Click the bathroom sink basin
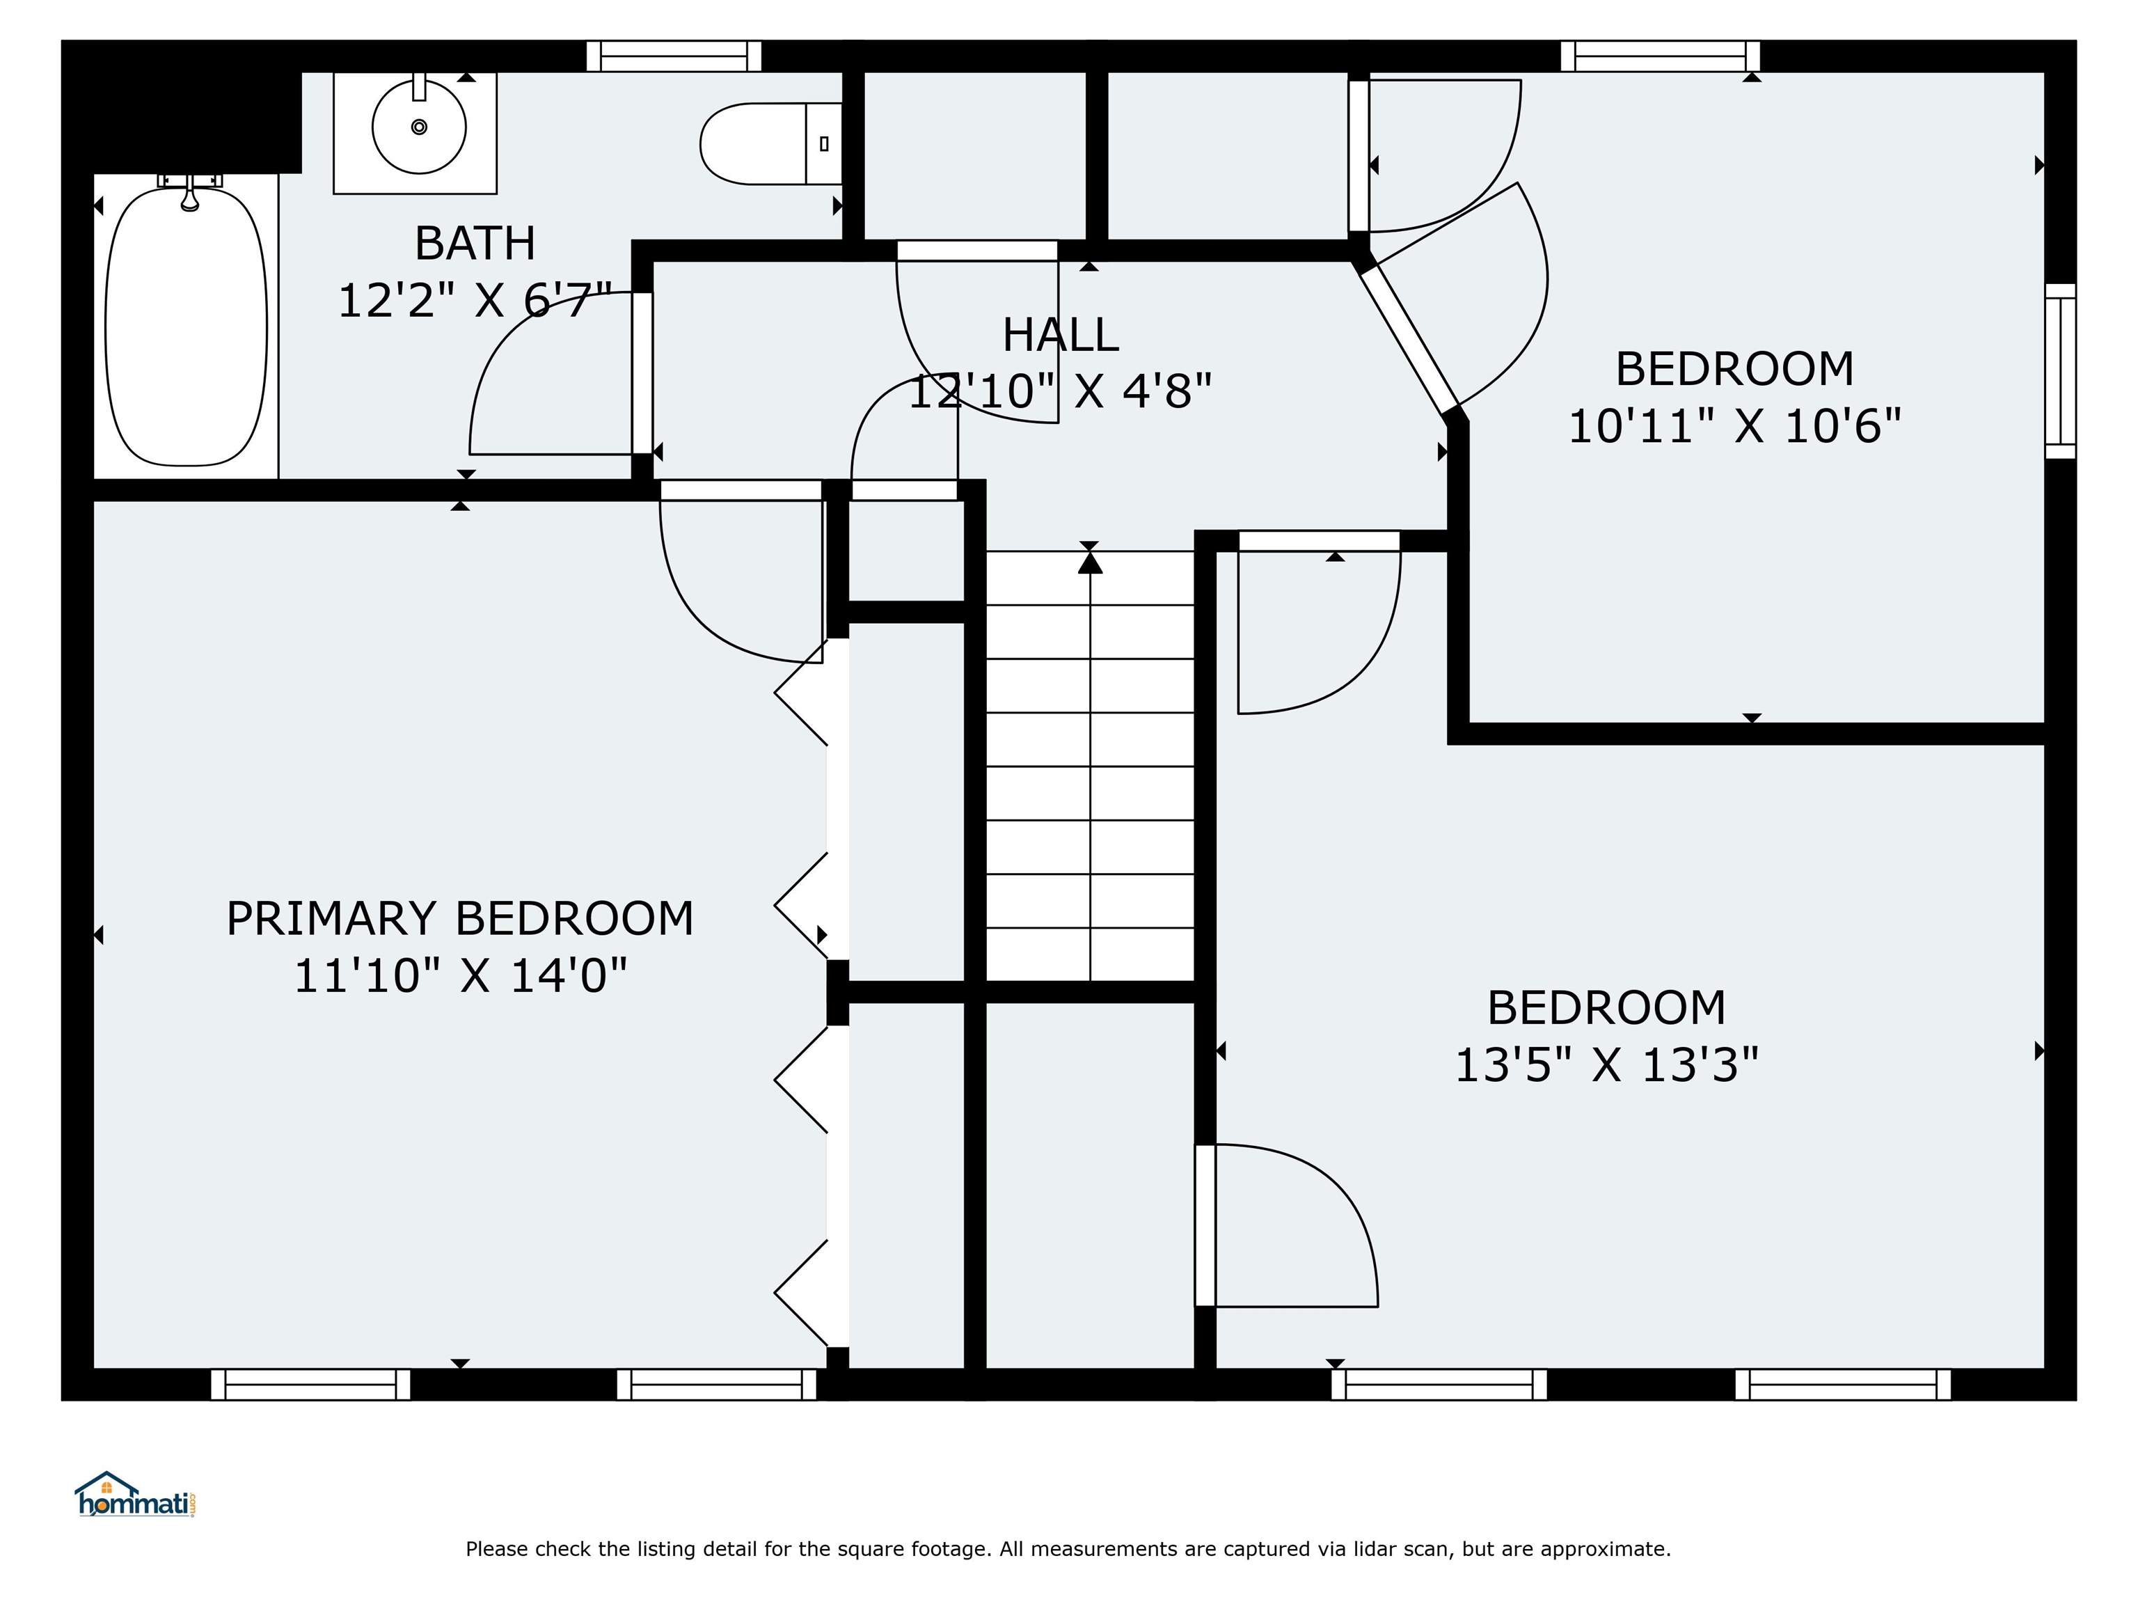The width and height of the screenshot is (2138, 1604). pyautogui.click(x=420, y=127)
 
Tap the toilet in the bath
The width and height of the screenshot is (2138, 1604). pyautogui.click(x=771, y=144)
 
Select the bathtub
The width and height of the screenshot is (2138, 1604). pyautogui.click(x=186, y=326)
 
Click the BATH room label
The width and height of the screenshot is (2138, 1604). pyautogui.click(x=475, y=243)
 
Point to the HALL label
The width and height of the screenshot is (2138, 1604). pyautogui.click(x=1061, y=336)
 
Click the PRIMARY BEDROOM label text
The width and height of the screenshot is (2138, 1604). pyautogui.click(x=460, y=918)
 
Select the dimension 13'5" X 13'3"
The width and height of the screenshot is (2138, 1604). pyautogui.click(x=1606, y=1065)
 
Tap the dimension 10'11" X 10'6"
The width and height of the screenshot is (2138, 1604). pyautogui.click(x=1734, y=426)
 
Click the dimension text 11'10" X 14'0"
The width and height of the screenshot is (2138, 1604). pyautogui.click(x=460, y=975)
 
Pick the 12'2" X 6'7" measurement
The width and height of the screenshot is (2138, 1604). pyautogui.click(x=475, y=301)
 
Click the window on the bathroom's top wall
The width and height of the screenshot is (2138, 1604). pyautogui.click(x=674, y=56)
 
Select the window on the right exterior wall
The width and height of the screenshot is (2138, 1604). pyautogui.click(x=2061, y=371)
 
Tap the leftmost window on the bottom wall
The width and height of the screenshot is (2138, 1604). pyautogui.click(x=310, y=1385)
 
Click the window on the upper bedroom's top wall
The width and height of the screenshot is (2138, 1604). pyautogui.click(x=1661, y=56)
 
